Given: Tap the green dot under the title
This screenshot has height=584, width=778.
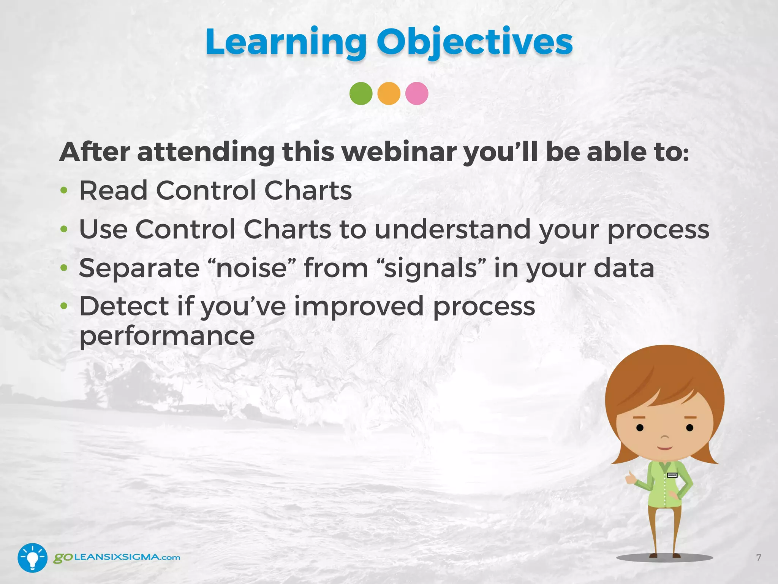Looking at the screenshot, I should click(x=361, y=94).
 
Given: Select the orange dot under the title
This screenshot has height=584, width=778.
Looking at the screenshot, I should click(x=389, y=94).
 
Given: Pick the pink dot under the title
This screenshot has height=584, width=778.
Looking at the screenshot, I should click(x=417, y=94).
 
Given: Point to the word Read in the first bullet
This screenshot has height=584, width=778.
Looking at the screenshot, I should click(x=113, y=190).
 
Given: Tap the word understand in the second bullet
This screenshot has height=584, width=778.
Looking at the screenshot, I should click(x=452, y=230).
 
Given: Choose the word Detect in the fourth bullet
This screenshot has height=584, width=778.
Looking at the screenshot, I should click(x=124, y=306).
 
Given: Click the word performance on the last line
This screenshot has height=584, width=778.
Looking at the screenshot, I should click(x=167, y=336).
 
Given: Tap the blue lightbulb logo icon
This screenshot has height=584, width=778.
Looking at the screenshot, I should click(x=32, y=557).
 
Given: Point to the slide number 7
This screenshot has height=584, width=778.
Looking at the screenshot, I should click(x=759, y=557).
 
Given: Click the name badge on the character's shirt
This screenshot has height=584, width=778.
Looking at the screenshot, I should click(x=672, y=475).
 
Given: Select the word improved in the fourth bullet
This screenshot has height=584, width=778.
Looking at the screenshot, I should click(x=359, y=306).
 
